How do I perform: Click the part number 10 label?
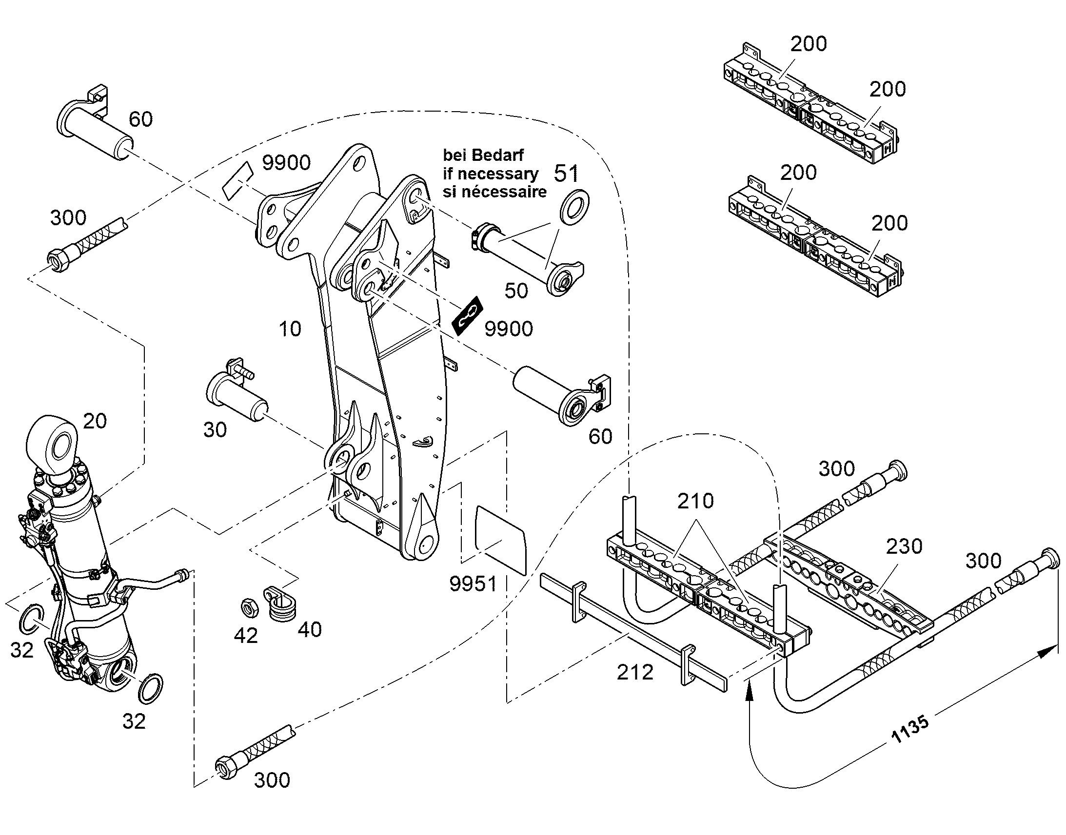[x=290, y=329]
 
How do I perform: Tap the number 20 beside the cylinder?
[x=95, y=421]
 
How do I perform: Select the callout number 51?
[x=566, y=173]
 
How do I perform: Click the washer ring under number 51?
[x=574, y=207]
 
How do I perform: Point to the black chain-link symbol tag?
[x=468, y=315]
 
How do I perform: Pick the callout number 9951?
[x=474, y=583]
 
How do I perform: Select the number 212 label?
[x=635, y=673]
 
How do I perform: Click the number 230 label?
[x=904, y=546]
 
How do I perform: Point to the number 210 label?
[x=695, y=501]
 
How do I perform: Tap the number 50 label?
[x=516, y=291]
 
